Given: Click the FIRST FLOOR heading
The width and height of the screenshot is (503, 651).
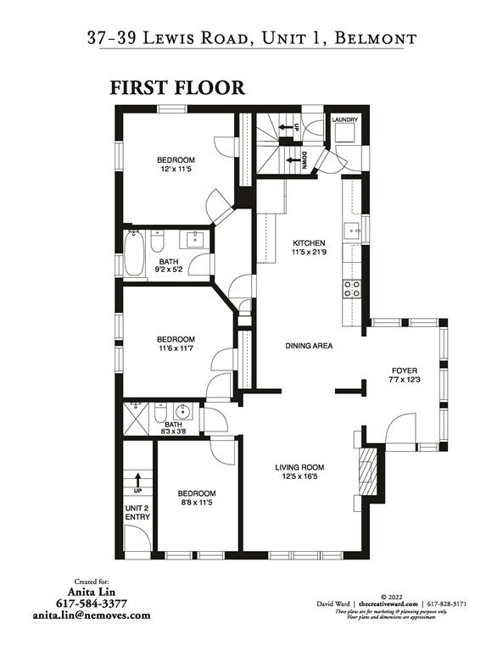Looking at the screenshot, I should pos(176,88).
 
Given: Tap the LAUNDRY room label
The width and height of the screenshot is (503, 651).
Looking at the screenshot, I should pos(345,120).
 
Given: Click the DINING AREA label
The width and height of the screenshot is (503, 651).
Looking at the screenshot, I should pos(308,346).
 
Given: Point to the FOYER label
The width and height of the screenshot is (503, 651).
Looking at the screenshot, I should pos(404,370).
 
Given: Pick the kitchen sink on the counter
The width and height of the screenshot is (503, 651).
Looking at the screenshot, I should pos(352,230).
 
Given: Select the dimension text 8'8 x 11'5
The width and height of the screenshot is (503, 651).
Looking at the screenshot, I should pos(196,504).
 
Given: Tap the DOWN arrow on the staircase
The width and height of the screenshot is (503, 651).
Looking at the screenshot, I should pos(297,159).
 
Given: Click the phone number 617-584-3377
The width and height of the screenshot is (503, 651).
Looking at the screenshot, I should pos(92,604).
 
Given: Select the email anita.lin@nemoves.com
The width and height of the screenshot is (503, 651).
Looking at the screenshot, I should pos(92,616).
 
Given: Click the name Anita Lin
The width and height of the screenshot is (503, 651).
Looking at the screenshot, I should pos(92,593).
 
